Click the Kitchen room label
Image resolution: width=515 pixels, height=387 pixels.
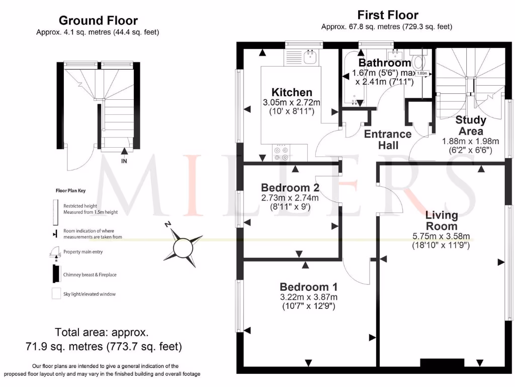tap(292, 92)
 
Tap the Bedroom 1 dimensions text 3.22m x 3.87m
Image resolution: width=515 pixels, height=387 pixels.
tap(308, 297)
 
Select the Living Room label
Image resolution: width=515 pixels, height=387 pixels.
tap(442, 221)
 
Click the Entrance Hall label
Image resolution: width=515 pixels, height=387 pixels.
tap(387, 140)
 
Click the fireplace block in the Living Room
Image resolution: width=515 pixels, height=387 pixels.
tap(442, 363)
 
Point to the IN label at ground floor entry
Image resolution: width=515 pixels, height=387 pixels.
tap(124, 161)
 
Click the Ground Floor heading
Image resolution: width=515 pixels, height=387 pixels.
tap(98, 21)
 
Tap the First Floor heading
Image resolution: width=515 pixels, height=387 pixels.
tap(387, 15)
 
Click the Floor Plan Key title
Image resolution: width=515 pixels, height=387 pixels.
tap(71, 191)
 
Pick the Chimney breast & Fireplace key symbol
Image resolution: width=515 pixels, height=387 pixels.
tap(54, 275)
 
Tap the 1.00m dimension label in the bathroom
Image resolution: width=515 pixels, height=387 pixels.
tap(422, 73)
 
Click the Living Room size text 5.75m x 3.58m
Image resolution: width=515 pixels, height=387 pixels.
tap(441, 236)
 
